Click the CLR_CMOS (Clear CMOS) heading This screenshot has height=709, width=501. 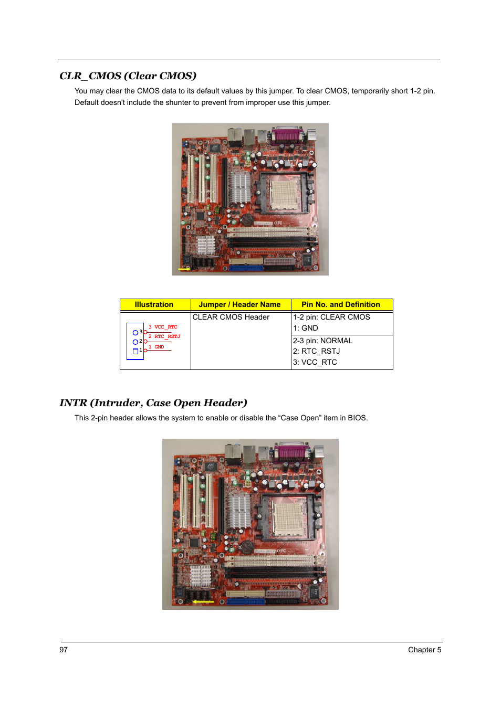click(x=128, y=76)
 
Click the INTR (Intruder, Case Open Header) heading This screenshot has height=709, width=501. click(x=153, y=403)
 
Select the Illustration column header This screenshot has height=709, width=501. click(x=154, y=304)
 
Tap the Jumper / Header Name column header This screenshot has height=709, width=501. click(x=239, y=304)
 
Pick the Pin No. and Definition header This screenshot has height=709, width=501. click(x=340, y=304)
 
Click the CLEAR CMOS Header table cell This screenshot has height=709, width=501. click(x=231, y=317)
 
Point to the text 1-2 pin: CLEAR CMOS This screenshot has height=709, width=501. click(x=331, y=317)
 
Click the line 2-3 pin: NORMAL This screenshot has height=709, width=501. click(x=322, y=341)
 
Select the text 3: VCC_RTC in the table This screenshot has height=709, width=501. click(x=315, y=362)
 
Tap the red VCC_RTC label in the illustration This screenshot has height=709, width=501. click(x=165, y=327)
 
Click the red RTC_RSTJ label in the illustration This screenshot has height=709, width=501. click(x=167, y=336)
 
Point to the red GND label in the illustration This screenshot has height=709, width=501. click(x=159, y=347)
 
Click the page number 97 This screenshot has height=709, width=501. click(x=64, y=650)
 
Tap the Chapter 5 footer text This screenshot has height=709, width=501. click(x=424, y=650)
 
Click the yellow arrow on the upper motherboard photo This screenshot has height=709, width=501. click(x=184, y=269)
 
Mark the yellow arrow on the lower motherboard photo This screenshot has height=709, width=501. click(x=203, y=601)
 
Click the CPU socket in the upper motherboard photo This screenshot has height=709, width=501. click(x=286, y=192)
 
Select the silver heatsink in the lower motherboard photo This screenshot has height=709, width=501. click(x=239, y=511)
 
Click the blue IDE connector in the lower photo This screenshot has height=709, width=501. click(x=245, y=601)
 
